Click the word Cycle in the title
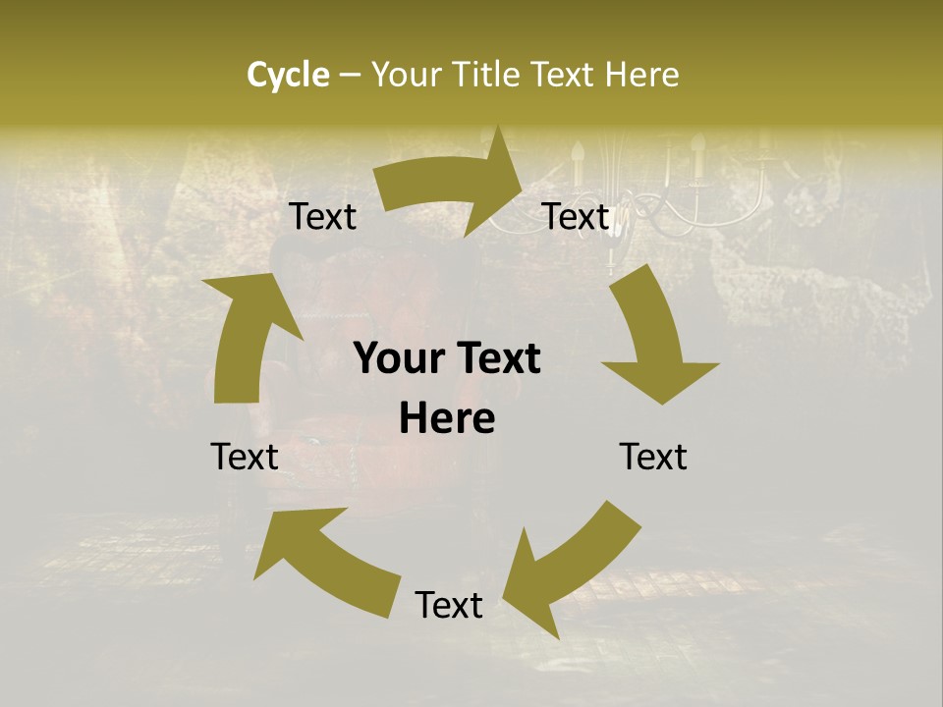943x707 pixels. [x=288, y=75]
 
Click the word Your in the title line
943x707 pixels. [x=406, y=75]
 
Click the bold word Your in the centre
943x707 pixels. [x=397, y=359]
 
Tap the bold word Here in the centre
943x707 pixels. [x=447, y=419]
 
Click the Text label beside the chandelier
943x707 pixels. [x=576, y=217]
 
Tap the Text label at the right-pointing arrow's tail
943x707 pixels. [x=323, y=217]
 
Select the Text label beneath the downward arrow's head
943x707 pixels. [x=653, y=457]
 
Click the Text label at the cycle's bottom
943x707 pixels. [x=449, y=605]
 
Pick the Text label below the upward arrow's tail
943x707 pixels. [x=245, y=457]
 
